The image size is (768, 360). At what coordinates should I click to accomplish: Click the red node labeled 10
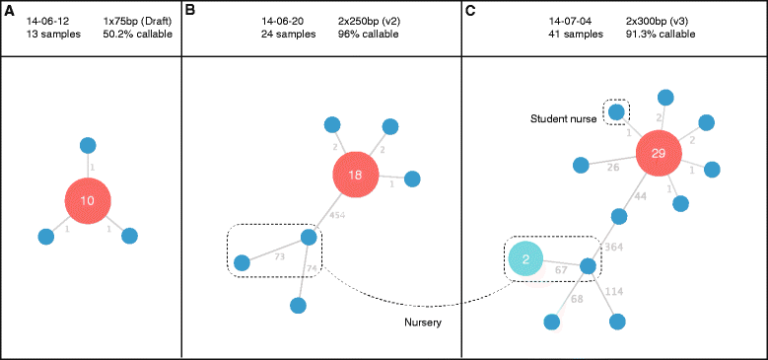88,200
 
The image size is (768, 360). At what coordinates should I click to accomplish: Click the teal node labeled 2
526,260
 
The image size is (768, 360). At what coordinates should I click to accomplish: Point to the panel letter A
7,9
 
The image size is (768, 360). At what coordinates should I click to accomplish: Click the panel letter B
190,9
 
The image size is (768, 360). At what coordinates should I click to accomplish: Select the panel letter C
469,9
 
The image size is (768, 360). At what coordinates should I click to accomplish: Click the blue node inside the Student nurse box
616,111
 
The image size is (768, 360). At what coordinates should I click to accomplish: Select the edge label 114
612,291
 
